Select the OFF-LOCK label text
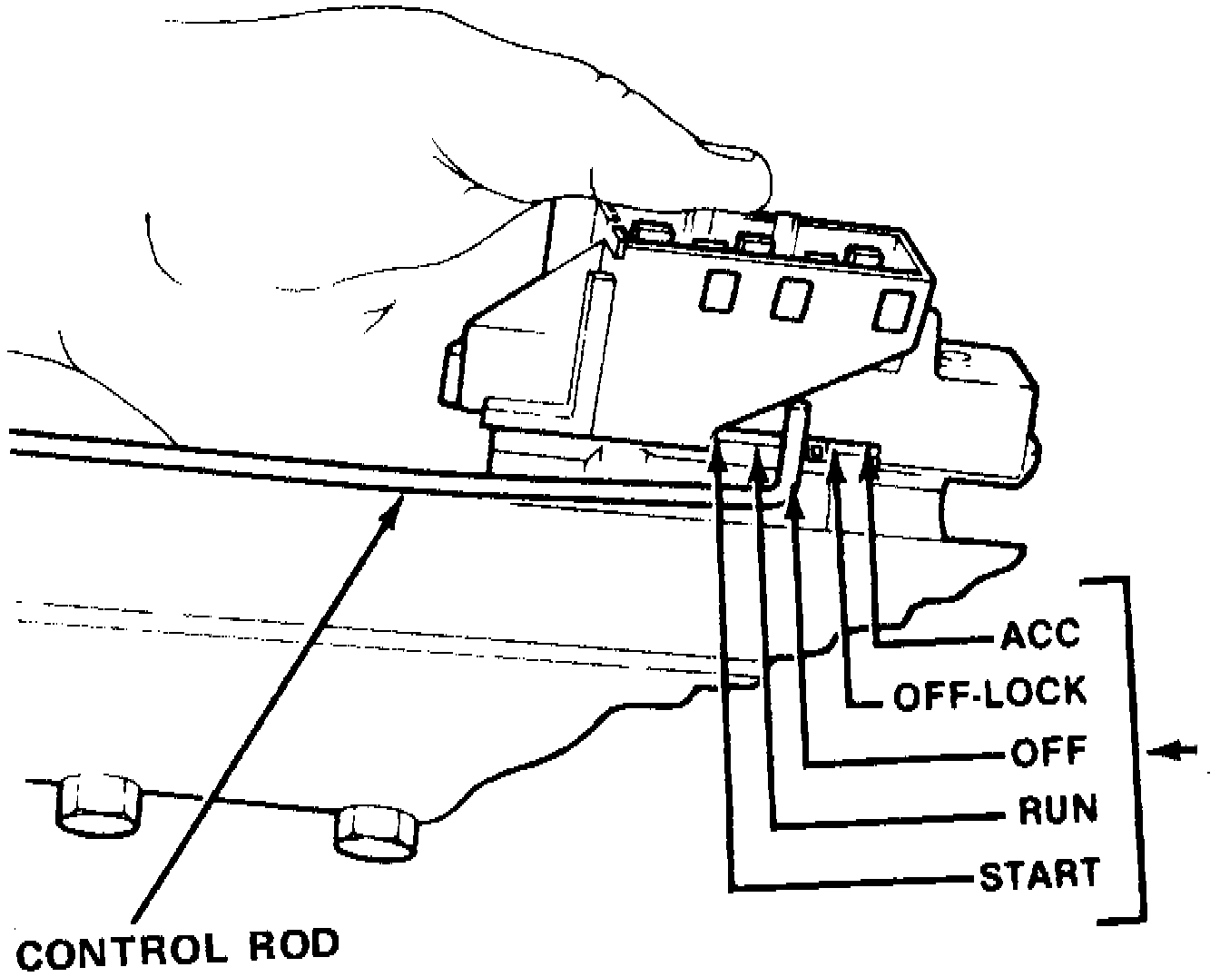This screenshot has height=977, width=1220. (x=989, y=694)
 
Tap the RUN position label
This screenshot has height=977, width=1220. (x=1058, y=808)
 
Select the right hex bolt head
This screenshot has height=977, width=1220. (x=377, y=831)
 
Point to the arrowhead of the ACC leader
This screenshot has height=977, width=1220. (x=873, y=463)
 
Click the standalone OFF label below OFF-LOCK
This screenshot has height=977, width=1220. (x=1048, y=751)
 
